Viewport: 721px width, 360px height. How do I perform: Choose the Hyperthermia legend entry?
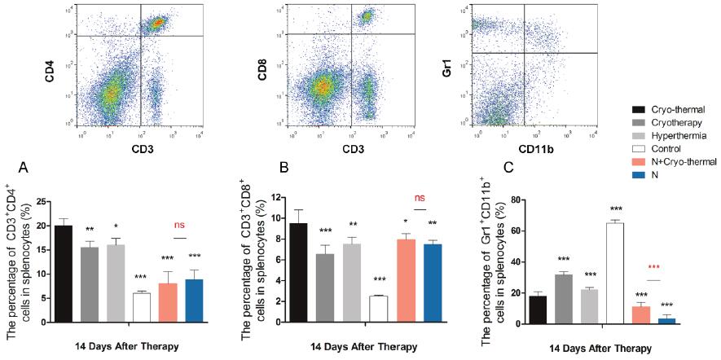661,136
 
